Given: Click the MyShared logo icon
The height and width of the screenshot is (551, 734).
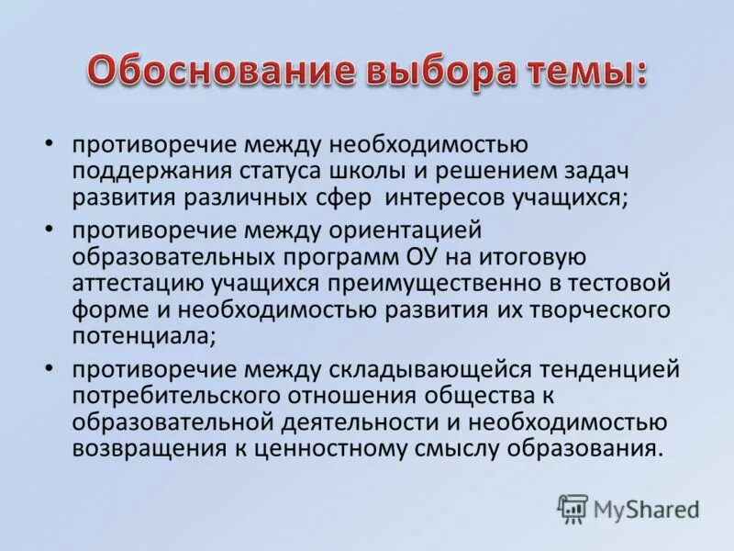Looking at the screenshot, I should click(573, 508).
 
